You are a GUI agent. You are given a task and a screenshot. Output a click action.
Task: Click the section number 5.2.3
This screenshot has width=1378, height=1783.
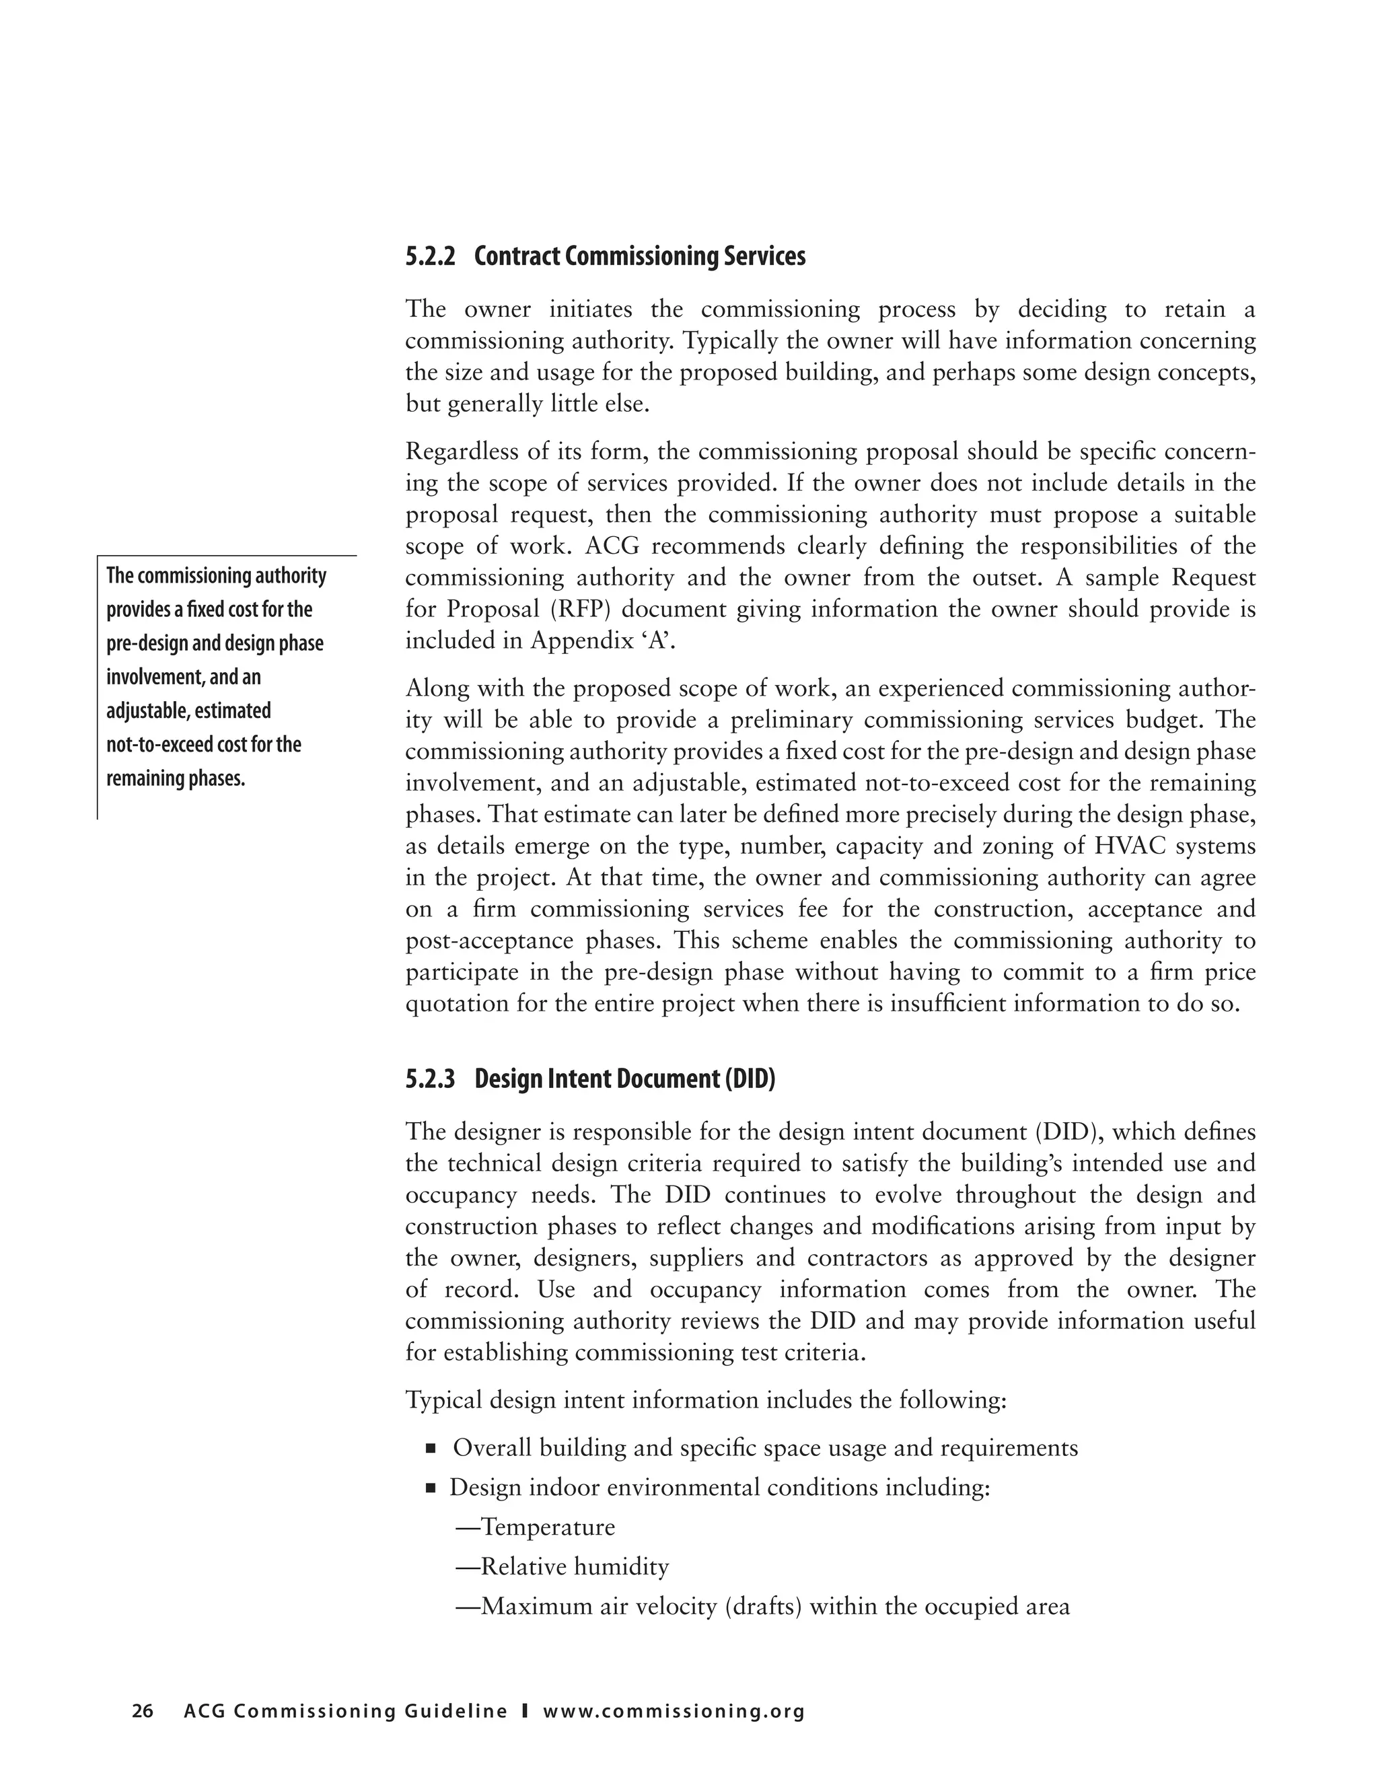click(429, 1079)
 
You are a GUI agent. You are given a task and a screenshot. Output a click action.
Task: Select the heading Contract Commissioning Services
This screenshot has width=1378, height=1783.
click(639, 257)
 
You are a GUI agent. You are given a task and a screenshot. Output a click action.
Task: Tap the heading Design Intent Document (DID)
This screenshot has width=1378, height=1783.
click(624, 1079)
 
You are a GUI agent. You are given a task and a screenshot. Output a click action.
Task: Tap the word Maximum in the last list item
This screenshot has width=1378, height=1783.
click(537, 1607)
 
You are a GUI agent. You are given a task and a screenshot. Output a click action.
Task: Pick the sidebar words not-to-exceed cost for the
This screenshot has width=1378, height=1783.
click(203, 745)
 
